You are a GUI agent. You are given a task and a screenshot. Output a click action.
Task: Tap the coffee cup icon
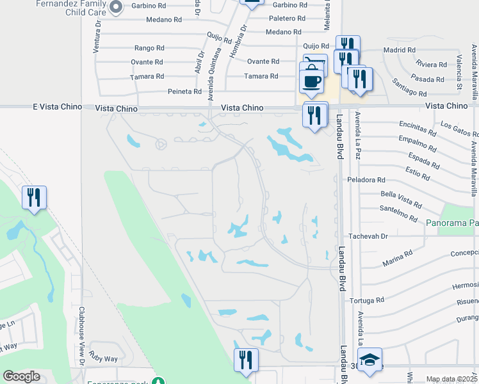pyautogui.click(x=312, y=81)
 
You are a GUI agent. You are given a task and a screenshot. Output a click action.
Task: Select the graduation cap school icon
pyautogui.click(x=369, y=361)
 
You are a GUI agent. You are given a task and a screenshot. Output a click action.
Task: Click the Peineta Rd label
pyautogui.click(x=184, y=92)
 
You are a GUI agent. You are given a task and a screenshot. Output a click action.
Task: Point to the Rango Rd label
pyautogui.click(x=150, y=48)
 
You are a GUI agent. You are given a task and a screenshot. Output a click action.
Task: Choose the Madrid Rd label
pyautogui.click(x=399, y=50)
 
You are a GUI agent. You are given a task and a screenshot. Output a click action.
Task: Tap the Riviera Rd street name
pyautogui.click(x=431, y=65)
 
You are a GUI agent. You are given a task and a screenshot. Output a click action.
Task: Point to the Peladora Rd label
pyautogui.click(x=366, y=180)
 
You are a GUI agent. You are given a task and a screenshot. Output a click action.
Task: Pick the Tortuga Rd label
pyautogui.click(x=366, y=300)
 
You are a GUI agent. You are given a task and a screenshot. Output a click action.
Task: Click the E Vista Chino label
pyautogui.click(x=57, y=107)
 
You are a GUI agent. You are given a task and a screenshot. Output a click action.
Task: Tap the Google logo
pyautogui.click(x=21, y=376)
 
